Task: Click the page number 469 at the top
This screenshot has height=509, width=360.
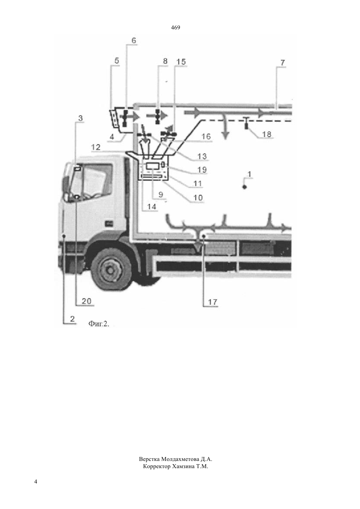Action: tap(175, 28)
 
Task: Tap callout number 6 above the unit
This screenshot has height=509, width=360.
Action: tap(134, 41)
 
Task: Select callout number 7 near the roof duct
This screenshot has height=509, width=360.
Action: tap(282, 63)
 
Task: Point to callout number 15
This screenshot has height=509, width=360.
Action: tap(181, 61)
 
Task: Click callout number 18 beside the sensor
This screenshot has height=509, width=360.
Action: tap(267, 134)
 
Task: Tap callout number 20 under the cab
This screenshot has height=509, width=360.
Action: tap(87, 301)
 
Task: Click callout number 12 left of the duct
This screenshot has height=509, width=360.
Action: tap(96, 147)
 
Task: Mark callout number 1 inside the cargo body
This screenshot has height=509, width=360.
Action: tap(249, 174)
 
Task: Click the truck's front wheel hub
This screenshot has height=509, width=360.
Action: tap(110, 270)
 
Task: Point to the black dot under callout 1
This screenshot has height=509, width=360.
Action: tap(244, 187)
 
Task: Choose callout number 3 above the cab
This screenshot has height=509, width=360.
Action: tap(81, 118)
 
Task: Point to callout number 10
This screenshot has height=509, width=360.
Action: tap(198, 198)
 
